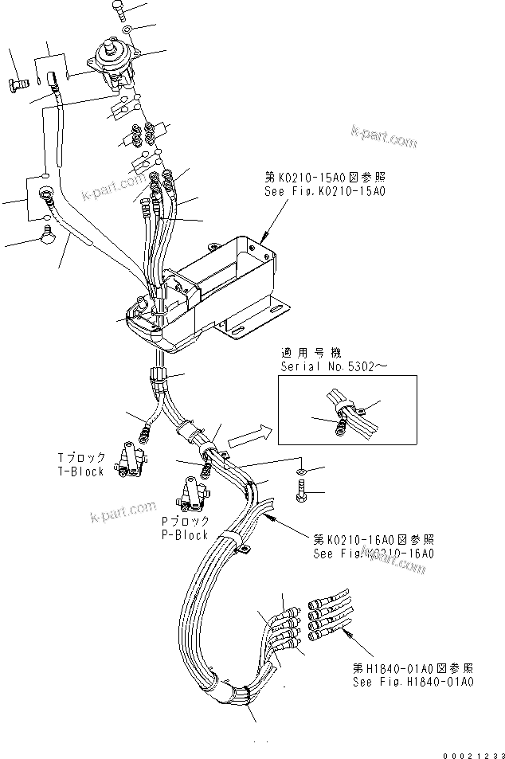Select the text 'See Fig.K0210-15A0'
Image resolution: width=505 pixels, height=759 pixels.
pyautogui.click(x=316, y=191)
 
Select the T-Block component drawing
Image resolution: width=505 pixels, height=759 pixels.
pyautogui.click(x=129, y=461)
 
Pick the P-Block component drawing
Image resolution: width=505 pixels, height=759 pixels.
pyautogui.click(x=192, y=494)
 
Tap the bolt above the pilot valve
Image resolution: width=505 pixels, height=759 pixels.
pyautogui.click(x=118, y=10)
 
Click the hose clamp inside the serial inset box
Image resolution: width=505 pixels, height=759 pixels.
pyautogui.click(x=343, y=411)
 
